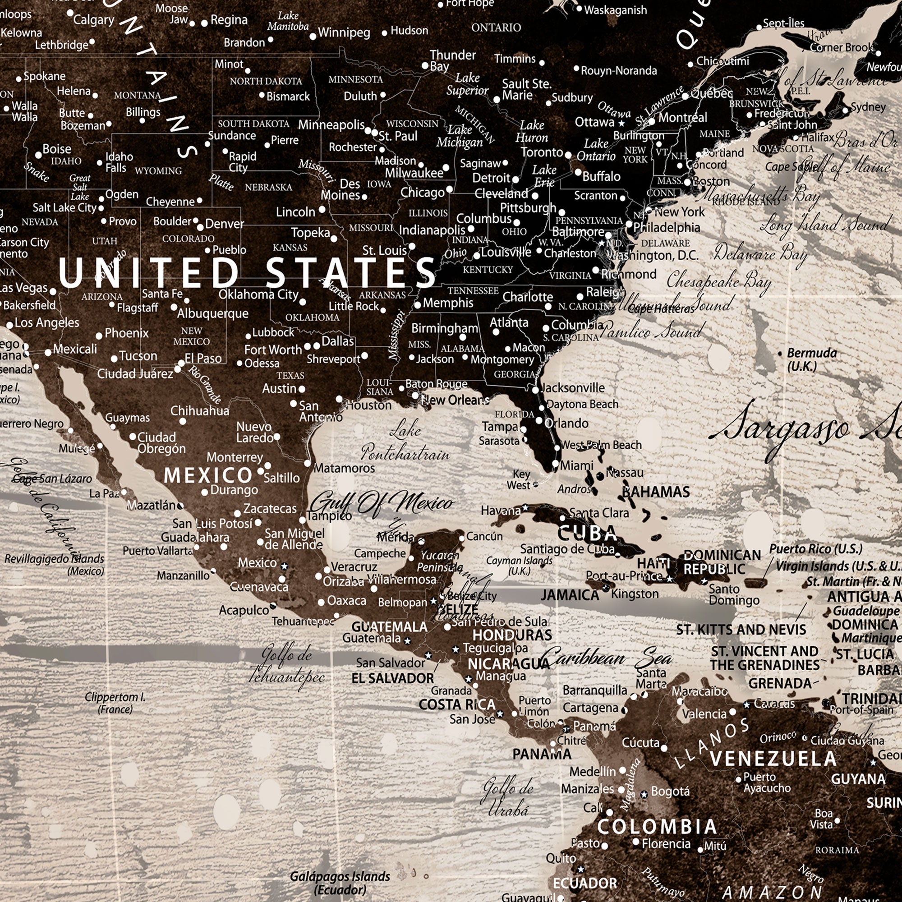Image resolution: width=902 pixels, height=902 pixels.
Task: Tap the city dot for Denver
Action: click(x=200, y=227)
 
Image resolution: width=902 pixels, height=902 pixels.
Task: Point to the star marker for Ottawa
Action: click(x=621, y=124)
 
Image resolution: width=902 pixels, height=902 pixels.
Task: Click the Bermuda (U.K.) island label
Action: click(x=811, y=359)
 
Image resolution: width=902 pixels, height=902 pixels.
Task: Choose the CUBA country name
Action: click(x=587, y=533)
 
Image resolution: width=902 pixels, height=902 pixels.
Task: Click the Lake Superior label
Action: click(x=467, y=84)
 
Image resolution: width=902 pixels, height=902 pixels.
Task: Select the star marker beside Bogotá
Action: click(x=644, y=794)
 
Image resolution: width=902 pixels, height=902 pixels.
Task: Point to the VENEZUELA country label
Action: click(x=773, y=759)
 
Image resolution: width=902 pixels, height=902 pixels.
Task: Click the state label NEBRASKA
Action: click(x=268, y=187)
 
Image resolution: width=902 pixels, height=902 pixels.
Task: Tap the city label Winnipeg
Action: click(x=344, y=32)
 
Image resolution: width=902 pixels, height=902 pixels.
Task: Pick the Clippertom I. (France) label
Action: click(x=115, y=703)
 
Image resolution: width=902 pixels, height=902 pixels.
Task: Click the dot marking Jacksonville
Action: click(x=535, y=390)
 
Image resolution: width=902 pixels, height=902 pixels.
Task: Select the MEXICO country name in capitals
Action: click(x=208, y=476)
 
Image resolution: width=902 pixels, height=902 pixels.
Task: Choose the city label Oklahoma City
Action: click(x=258, y=295)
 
